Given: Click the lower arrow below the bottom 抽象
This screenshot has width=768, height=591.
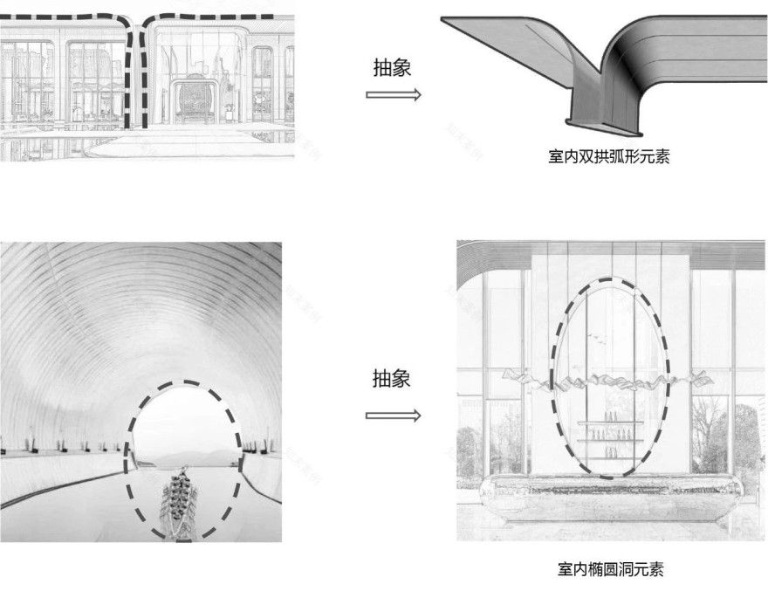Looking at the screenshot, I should (393, 416).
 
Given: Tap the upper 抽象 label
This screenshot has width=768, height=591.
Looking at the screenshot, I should (392, 68).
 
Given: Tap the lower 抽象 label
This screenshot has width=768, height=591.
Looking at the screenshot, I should (392, 380).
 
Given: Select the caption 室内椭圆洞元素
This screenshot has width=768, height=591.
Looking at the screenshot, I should (610, 570).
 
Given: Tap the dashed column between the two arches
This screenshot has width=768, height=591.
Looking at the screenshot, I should (133, 79).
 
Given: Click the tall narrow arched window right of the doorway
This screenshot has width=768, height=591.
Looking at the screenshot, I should (262, 83).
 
